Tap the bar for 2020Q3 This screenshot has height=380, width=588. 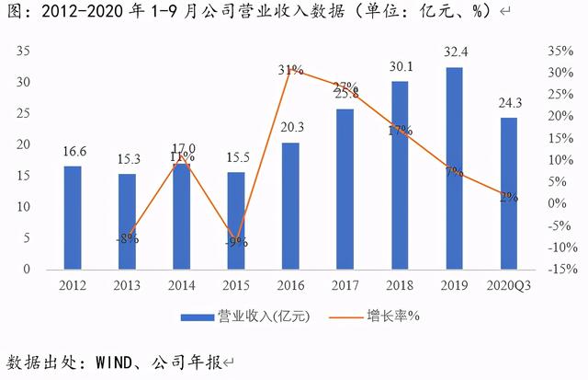(x=508, y=193)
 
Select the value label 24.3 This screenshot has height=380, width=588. (x=508, y=104)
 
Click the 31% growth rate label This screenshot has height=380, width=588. (x=291, y=70)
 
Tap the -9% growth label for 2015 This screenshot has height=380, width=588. (x=236, y=242)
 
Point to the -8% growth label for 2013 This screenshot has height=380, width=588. (x=127, y=238)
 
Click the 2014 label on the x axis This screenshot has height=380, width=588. (x=181, y=287)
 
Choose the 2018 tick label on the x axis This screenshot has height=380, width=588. (x=400, y=287)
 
